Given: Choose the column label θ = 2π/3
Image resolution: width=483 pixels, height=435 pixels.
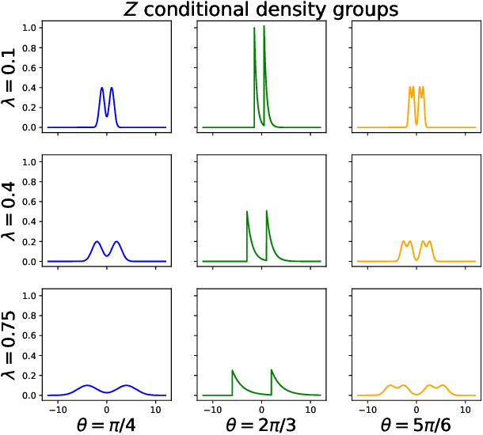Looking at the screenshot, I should (x=262, y=424).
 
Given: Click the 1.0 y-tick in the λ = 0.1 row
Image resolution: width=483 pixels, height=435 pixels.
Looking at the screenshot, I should (x=30, y=28).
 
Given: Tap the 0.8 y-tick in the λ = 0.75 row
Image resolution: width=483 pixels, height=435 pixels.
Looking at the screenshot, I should (x=30, y=316).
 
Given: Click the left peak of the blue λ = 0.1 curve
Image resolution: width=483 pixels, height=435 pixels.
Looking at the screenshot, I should (x=101, y=88).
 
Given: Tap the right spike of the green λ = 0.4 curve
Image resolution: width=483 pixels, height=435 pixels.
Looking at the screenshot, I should (x=267, y=210).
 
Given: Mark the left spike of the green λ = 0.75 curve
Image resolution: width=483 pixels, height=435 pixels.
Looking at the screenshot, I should (x=232, y=370).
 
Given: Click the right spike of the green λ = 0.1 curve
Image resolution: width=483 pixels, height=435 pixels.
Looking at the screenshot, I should (x=264, y=27).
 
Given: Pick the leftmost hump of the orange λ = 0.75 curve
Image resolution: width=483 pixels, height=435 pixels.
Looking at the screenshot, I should (x=390, y=385).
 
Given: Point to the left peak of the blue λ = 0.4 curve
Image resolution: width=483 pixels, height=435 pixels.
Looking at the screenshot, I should (x=97, y=241).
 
